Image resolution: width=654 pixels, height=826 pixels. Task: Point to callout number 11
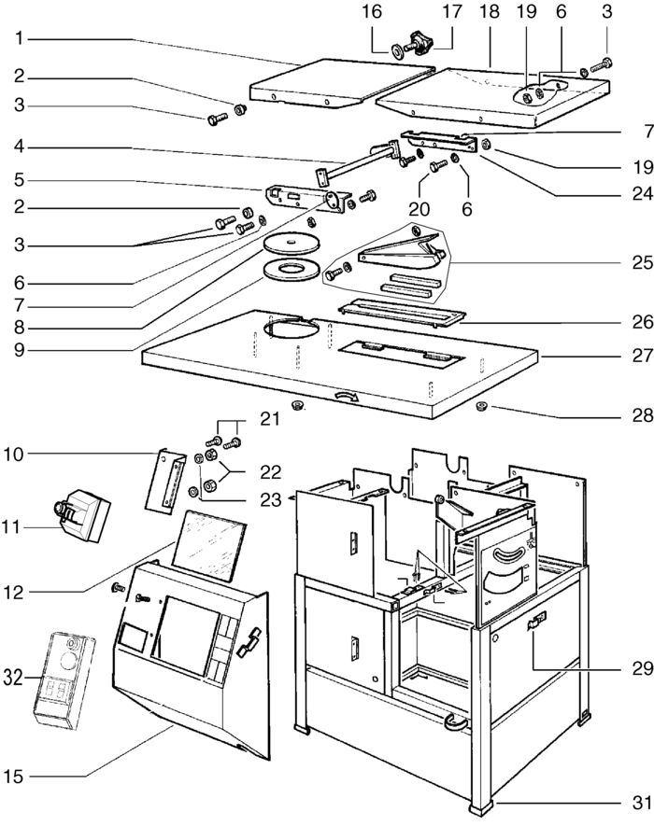coord(20,527)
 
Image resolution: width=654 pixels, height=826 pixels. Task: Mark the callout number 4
coord(20,147)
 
